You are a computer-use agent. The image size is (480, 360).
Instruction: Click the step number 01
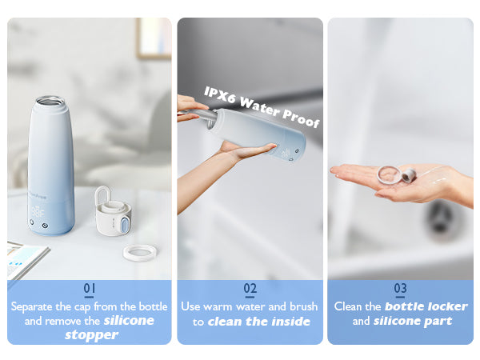(x=90, y=288)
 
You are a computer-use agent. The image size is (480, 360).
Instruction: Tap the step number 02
(x=250, y=288)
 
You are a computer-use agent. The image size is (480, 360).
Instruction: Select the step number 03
(x=401, y=288)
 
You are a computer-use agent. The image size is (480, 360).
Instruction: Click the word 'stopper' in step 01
(x=91, y=335)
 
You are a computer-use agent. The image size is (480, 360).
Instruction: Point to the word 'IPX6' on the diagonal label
(x=221, y=94)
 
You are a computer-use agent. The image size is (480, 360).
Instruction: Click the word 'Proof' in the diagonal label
(x=302, y=118)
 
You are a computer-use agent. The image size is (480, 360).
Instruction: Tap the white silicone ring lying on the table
(x=140, y=252)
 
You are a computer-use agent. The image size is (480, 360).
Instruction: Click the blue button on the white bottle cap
(x=124, y=224)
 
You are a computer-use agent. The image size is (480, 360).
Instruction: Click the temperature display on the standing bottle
(x=38, y=212)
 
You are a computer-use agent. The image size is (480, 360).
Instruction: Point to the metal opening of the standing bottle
(x=50, y=101)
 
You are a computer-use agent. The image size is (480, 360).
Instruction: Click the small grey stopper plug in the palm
(x=409, y=174)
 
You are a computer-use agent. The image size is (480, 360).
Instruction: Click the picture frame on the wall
(x=154, y=38)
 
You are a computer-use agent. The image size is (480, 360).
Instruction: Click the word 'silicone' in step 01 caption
(x=129, y=321)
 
